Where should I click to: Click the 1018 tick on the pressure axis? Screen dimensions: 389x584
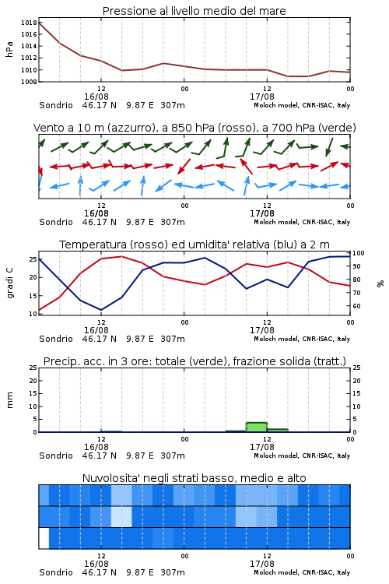[x=29, y=23]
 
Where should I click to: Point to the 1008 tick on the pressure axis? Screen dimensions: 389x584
[x=29, y=82]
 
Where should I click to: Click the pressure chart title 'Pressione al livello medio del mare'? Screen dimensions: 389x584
[x=194, y=11]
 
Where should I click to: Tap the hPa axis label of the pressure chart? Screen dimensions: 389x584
[x=9, y=49]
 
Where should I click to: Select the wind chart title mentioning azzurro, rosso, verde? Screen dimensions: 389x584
[x=194, y=128]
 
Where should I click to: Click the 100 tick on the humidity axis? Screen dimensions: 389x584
[x=359, y=253]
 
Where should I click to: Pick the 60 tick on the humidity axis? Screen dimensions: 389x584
[x=356, y=306]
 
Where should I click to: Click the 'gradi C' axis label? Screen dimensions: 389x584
[x=10, y=283]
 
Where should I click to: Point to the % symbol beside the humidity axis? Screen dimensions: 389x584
[x=380, y=283]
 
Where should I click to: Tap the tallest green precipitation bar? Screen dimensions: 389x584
[x=257, y=427]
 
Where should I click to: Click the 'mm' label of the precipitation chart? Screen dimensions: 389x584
[x=9, y=400]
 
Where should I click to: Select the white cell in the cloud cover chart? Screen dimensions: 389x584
[x=44, y=538]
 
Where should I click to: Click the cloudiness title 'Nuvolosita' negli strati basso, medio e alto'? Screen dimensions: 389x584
[x=194, y=478]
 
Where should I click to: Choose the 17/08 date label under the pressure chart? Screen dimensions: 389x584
[x=262, y=97]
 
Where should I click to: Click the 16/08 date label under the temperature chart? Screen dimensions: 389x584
[x=96, y=330]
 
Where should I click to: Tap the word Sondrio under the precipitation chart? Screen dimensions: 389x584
[x=56, y=456]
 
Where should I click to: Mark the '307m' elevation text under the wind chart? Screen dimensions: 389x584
[x=173, y=222]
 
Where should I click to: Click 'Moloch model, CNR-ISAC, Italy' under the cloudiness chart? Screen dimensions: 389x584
[x=302, y=572]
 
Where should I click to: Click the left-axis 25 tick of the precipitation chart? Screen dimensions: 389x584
[x=33, y=368]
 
